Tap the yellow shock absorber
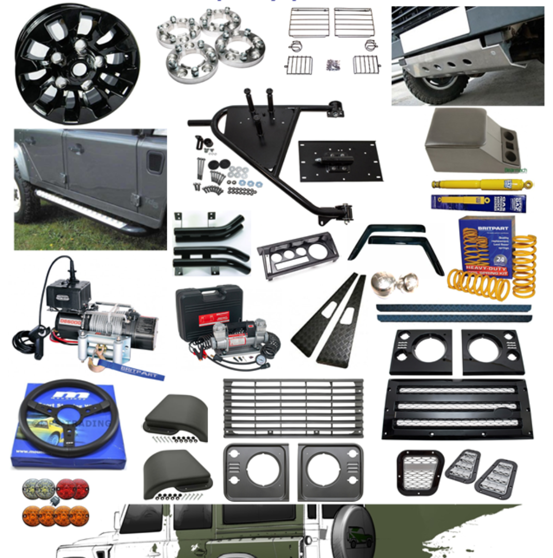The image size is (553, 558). [480, 184]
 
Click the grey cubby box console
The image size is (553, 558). [468, 140]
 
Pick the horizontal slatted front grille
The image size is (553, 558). [293, 408]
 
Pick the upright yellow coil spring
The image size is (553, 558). [524, 266]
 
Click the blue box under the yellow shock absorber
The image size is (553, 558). [478, 203]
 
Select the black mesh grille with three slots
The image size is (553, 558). [457, 408]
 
